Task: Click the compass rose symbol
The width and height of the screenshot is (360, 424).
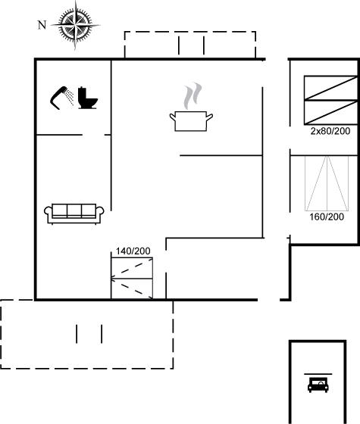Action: point(75,26)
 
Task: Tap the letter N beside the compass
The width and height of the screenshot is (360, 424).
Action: point(42,25)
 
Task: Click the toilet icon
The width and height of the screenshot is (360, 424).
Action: point(87,98)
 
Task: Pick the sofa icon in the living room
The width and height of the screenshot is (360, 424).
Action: point(74,214)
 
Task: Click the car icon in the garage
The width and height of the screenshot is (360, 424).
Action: point(318,385)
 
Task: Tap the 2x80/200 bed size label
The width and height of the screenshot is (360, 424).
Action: point(330,131)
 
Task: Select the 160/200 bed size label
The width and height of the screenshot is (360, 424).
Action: point(327,217)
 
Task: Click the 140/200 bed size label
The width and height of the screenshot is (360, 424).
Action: point(133,251)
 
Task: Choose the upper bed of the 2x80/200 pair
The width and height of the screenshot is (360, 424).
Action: point(330,88)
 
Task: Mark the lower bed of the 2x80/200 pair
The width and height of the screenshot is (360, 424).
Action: point(330,113)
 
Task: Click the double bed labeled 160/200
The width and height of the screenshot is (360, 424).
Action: point(327,183)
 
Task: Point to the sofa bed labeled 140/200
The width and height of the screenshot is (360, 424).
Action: point(132,279)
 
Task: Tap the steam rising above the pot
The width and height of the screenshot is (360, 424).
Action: point(193,95)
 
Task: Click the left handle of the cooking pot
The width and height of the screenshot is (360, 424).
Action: point(173,117)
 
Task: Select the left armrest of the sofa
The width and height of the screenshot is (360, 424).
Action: point(49,212)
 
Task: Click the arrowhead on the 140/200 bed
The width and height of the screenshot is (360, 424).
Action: point(113,279)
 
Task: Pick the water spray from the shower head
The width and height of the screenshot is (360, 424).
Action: point(70,98)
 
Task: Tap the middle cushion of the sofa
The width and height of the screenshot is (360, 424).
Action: point(74,210)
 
